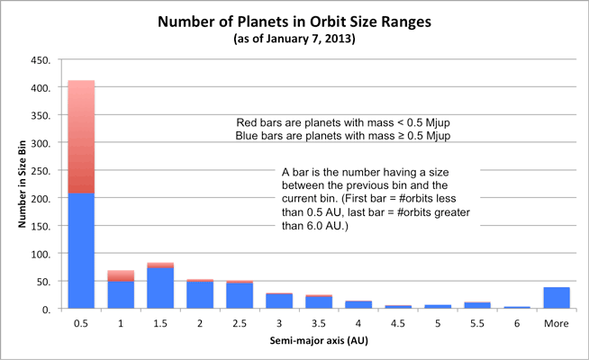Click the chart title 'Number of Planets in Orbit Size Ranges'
pos(294,21)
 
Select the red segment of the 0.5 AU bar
pos(82,136)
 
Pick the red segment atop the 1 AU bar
pos(121,275)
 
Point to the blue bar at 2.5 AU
pos(239,296)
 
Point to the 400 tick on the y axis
pos(39,88)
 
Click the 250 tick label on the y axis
pos(39,171)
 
